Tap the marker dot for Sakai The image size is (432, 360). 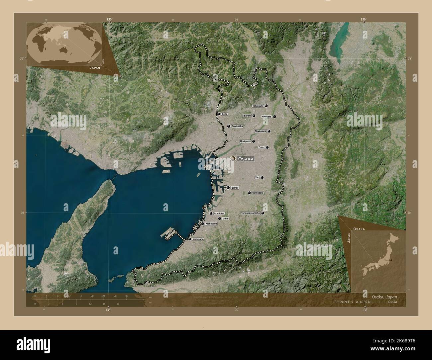coord(228,188)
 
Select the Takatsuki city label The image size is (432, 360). coord(258,106)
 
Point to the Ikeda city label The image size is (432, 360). coord(225,114)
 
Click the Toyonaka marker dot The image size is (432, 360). coord(229,126)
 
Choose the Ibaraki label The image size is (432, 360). coord(247,116)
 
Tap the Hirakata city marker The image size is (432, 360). coord(274,117)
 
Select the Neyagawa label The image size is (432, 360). coord(261,131)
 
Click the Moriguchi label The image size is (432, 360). coord(245,141)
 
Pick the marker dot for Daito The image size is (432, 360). coord(267,147)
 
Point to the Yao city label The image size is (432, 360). coord(257,177)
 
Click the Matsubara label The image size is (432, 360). coord(258,193)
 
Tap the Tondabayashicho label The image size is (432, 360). coord(250,213)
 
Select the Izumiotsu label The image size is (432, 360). coord(219,213)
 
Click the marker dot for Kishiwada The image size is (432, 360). coord(202,224)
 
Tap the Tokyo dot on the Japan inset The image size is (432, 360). coord(391,260)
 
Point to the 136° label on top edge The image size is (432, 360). coord(363,20)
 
